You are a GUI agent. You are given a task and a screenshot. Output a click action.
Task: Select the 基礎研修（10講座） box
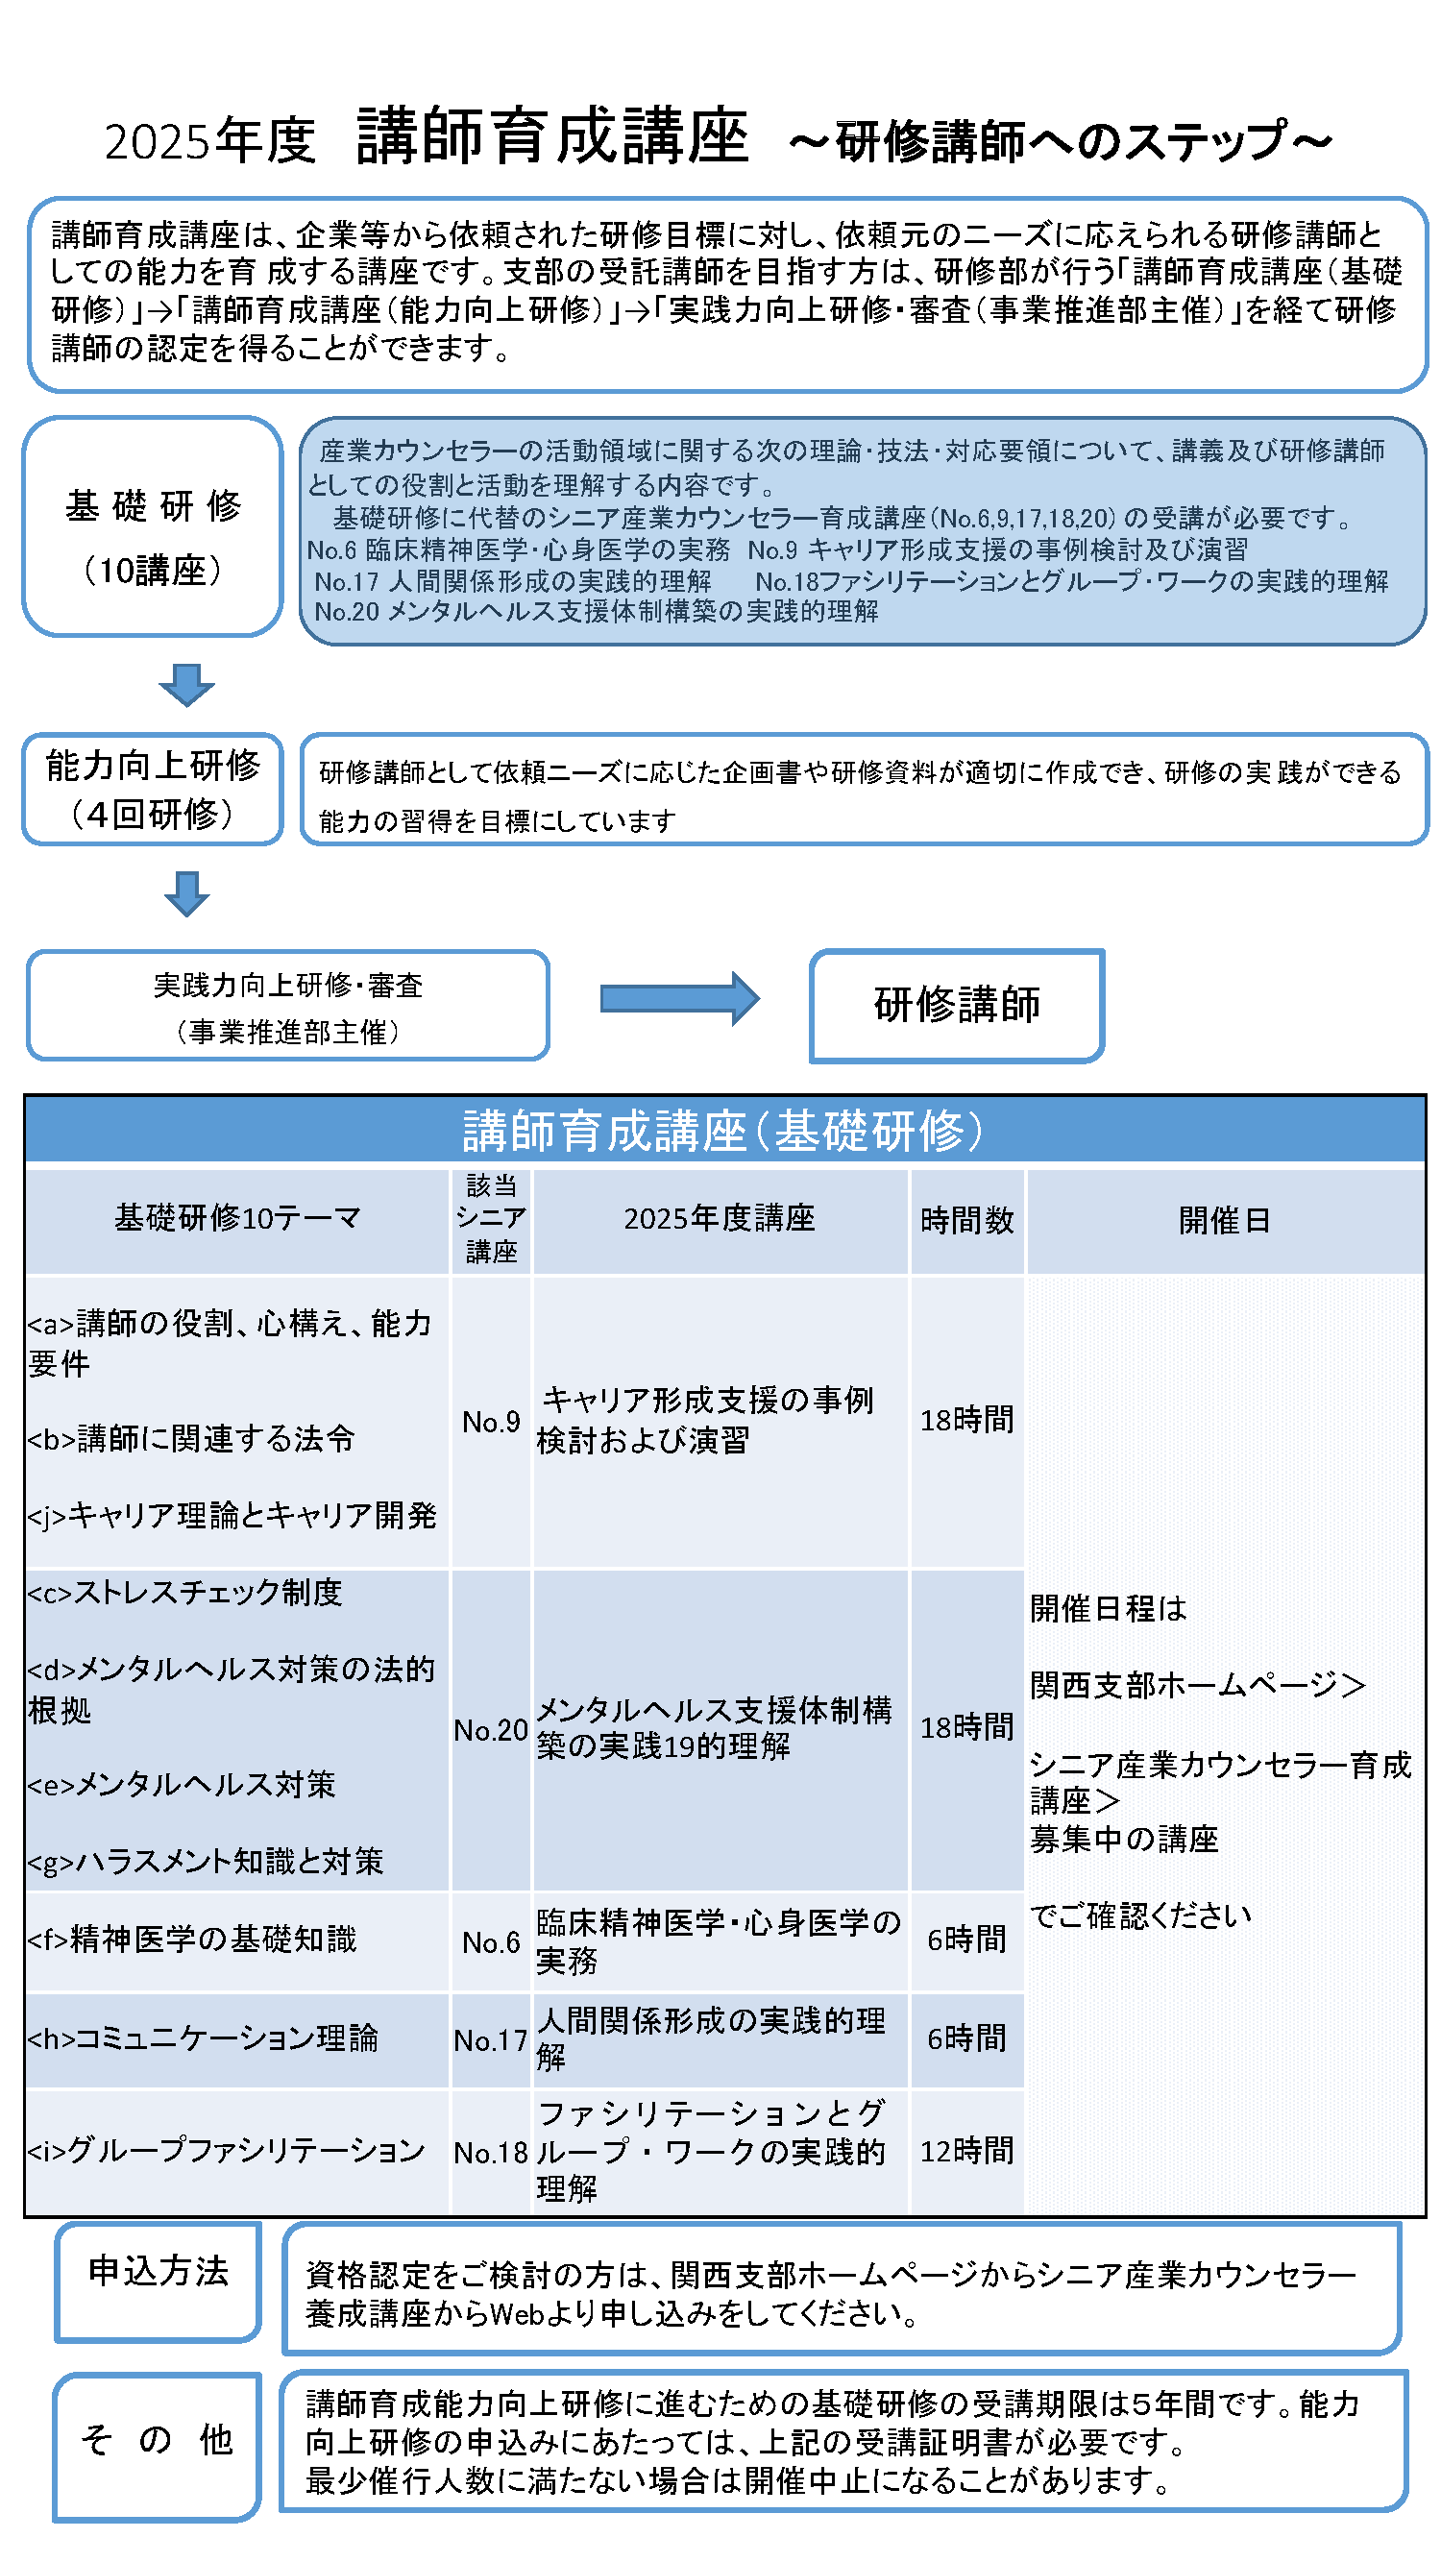tap(152, 526)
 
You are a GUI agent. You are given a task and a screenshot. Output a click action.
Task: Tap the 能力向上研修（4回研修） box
tap(152, 789)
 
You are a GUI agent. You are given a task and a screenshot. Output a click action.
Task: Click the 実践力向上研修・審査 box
tap(287, 1005)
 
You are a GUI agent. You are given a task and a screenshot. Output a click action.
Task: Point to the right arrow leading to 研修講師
tap(679, 997)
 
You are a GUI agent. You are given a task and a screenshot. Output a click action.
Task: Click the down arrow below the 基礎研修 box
tap(186, 684)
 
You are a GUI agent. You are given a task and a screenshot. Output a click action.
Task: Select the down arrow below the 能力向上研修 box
tap(186, 892)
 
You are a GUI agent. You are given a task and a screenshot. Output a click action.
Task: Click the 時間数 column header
tap(965, 1220)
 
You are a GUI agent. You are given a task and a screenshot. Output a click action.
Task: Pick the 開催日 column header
tap(1224, 1220)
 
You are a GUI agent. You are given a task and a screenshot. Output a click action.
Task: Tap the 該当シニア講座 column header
tap(490, 1220)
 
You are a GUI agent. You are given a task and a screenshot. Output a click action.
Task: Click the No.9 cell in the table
tap(490, 1421)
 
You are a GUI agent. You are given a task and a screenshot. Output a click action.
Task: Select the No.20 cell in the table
tap(490, 1729)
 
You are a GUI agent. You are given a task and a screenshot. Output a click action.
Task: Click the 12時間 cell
tap(965, 2151)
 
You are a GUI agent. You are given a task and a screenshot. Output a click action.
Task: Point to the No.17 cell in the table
tap(490, 2039)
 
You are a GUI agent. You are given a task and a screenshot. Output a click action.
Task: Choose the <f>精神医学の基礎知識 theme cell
tap(236, 1940)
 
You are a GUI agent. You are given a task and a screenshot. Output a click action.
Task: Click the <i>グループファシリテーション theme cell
tap(236, 2151)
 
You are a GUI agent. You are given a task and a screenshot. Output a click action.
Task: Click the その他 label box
tap(158, 2446)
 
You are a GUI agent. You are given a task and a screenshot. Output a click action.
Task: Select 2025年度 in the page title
tap(209, 140)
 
